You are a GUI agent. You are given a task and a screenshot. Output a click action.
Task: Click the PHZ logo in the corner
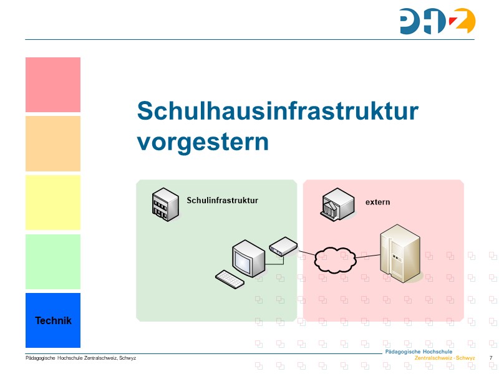[x=437, y=21]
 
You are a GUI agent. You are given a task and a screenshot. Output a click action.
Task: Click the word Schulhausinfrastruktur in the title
[x=278, y=111]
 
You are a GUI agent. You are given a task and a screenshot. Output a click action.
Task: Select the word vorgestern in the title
[x=203, y=141]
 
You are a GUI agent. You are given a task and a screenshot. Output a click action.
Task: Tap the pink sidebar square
[x=53, y=85]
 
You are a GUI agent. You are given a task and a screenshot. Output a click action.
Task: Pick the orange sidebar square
[x=53, y=143]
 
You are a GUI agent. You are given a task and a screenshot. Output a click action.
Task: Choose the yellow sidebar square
[x=53, y=203]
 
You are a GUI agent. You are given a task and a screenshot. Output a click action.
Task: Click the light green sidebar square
[x=53, y=262]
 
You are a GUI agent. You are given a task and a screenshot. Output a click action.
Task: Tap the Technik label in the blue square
[x=53, y=320]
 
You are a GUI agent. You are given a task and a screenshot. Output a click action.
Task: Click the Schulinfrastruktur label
[x=222, y=200]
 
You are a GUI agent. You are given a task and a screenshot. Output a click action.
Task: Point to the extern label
[x=377, y=202]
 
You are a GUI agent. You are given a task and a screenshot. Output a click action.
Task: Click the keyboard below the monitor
[x=230, y=279]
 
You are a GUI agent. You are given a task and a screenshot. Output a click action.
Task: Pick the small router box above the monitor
[x=283, y=247]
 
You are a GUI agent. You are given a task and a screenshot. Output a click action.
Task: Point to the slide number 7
[x=491, y=358]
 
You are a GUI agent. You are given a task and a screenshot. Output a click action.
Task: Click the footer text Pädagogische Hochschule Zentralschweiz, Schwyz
[x=80, y=358]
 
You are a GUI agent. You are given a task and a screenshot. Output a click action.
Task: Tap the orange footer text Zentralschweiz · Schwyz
[x=444, y=358]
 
